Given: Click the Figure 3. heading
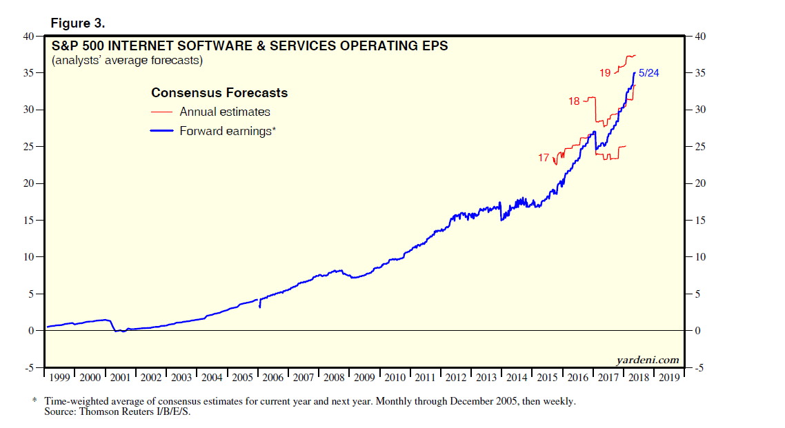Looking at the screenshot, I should (78, 23).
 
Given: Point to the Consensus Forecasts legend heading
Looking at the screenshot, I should (219, 93).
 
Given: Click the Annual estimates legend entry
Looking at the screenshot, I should (225, 112).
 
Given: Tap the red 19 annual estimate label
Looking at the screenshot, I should (604, 72).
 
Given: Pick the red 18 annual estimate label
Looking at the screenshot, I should (574, 101).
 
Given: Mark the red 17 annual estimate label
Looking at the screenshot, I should (544, 158).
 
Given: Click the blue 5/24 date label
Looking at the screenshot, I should (648, 72).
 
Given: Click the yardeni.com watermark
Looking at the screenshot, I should (647, 360).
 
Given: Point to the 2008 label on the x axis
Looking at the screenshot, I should (333, 378).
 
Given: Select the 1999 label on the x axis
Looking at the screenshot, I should (59, 378).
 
